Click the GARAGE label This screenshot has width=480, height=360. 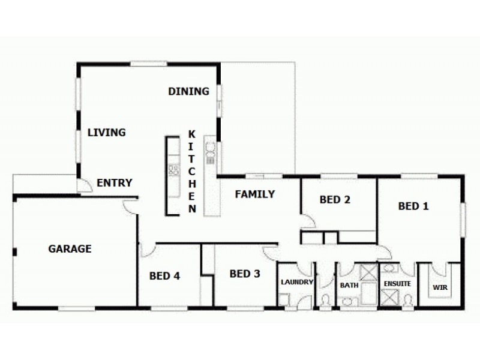(x=70, y=248)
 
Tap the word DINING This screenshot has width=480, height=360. (x=188, y=92)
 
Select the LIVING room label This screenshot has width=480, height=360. (x=106, y=133)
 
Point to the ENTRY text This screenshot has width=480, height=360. (x=114, y=183)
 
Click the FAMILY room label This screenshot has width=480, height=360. (x=254, y=194)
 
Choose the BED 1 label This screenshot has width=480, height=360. (x=413, y=206)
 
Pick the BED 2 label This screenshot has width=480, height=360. (x=335, y=200)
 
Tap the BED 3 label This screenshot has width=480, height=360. (x=245, y=274)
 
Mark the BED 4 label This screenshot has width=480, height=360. (x=164, y=276)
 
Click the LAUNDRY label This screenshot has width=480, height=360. (x=296, y=282)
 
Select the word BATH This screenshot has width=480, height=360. (x=349, y=286)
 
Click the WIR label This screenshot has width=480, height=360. (x=440, y=287)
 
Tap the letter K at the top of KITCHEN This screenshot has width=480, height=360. (x=191, y=134)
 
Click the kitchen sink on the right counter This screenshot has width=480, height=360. (x=211, y=153)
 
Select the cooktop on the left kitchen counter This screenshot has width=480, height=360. (x=173, y=170)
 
